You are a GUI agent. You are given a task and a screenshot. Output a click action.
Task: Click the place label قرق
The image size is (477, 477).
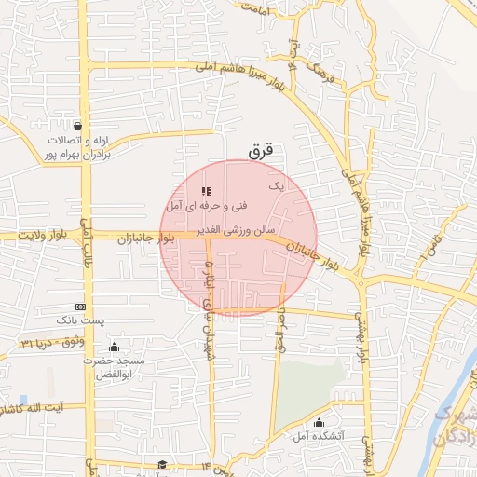point(261,149)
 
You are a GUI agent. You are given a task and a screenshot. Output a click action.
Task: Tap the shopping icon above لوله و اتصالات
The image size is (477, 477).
point(75,127)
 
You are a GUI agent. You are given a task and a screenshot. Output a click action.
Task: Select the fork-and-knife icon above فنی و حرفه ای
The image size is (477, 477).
point(206,191)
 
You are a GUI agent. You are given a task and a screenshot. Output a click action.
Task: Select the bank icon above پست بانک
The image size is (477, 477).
point(80,307)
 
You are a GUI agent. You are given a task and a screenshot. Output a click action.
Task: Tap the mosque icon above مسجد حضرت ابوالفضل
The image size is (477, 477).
point(114,348)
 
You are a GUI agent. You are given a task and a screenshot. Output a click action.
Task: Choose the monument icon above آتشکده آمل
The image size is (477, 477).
point(320,421)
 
